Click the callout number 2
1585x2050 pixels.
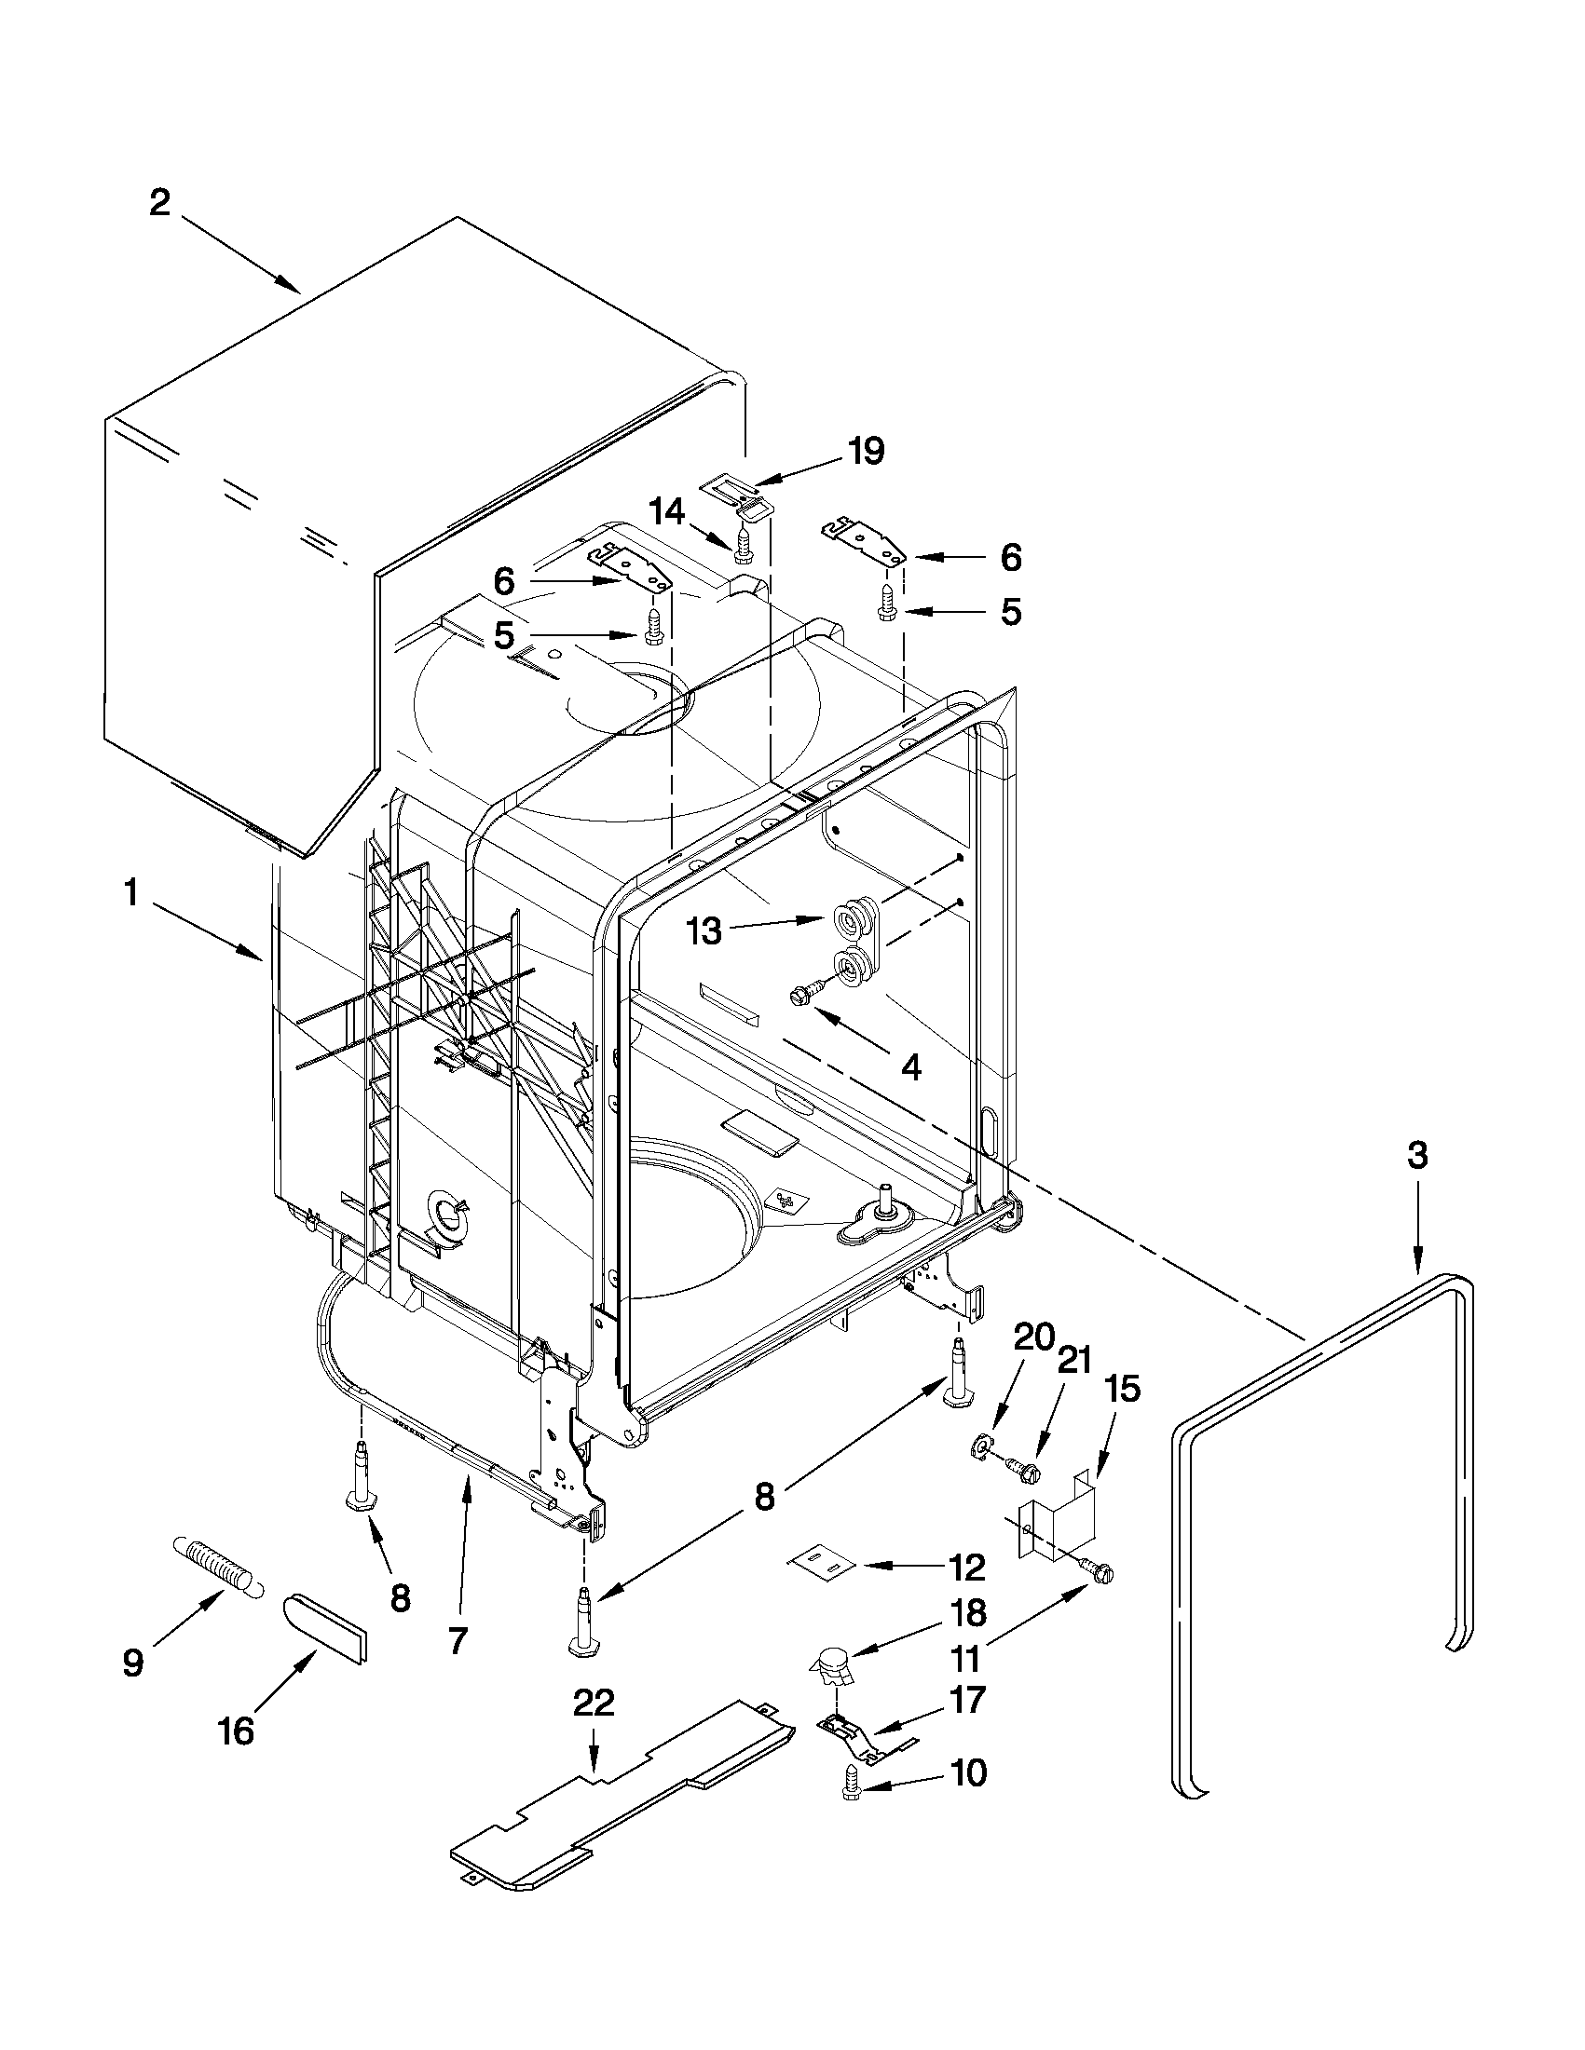(160, 202)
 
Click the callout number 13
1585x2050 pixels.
(704, 931)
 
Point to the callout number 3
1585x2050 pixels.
(1417, 1156)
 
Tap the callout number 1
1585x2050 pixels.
(131, 892)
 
